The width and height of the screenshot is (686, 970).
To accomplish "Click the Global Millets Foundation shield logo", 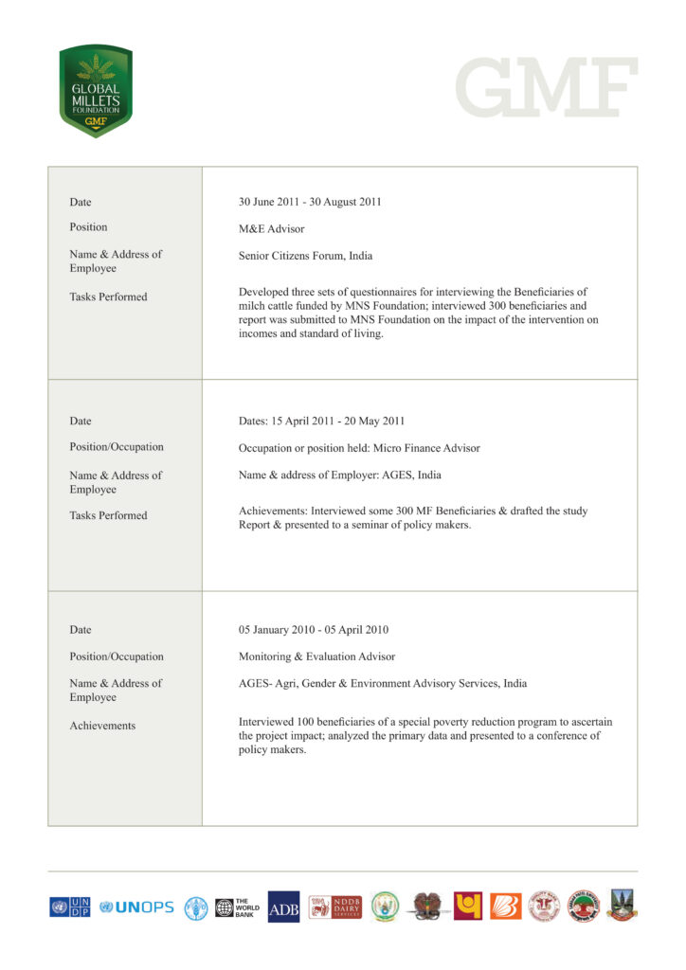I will pos(95,91).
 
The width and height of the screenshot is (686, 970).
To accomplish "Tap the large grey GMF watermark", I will pos(546,87).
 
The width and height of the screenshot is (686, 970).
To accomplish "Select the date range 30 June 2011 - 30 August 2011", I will pos(310,202).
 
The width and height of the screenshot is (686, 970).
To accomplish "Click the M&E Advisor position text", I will pos(271,228).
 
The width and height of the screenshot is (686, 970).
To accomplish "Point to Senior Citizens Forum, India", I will pos(305,256).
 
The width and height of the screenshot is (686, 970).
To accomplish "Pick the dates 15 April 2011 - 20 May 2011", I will pos(321,422).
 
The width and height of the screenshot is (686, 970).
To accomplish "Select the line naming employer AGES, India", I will pos(339,476).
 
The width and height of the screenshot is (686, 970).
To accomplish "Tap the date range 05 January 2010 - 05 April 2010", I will pos(313,630).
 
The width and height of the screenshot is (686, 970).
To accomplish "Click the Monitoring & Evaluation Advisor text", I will pos(316,656).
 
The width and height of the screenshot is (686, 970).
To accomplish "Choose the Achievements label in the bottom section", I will pos(102,726).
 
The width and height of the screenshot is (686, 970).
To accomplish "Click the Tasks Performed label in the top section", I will pos(108,296).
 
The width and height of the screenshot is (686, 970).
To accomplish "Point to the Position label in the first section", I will pos(88,227).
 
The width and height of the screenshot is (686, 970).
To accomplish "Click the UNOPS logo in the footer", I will pos(137,907).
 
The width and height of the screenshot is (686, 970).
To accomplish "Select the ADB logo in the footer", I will pos(283,907).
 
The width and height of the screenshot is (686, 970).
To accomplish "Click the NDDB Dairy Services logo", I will pos(334,907).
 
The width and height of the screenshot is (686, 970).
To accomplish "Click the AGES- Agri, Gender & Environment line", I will pos(383,683).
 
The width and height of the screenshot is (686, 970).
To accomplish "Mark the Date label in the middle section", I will pos(81,421).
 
